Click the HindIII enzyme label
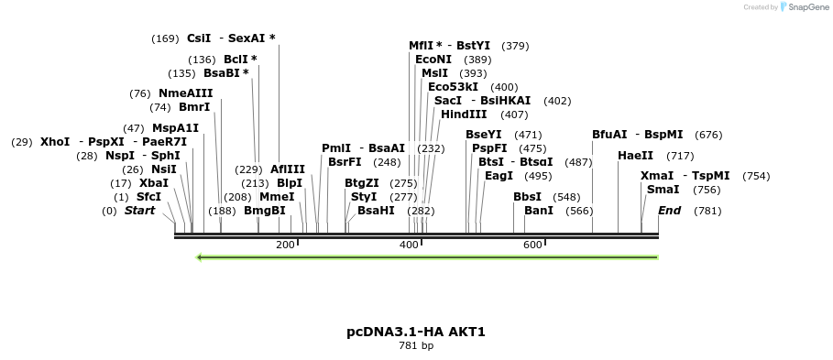coord(464,115)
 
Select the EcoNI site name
coord(433,60)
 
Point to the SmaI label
coord(663,190)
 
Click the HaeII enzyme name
coord(635,156)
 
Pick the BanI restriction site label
coord(539,211)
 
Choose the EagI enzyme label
coord(499,176)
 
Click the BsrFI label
coord(345,162)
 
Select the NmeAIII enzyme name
coord(185,93)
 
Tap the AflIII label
coord(288,169)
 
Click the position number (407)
coord(514,115)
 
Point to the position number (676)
coord(708,135)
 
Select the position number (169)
coord(165,38)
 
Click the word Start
coord(139,211)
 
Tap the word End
coord(669,211)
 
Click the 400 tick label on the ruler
coord(409,245)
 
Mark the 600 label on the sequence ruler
coord(532,245)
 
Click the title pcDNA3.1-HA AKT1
coord(416,332)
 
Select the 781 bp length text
coord(416,346)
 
